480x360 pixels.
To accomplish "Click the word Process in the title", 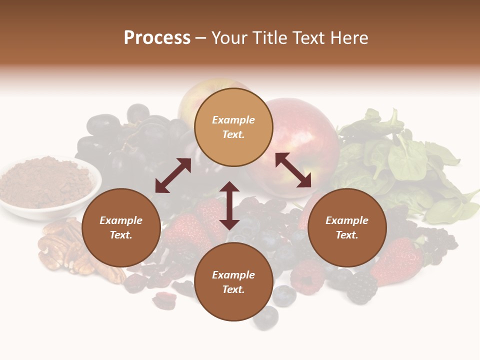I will [157, 38].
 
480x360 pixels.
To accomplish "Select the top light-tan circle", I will [233, 127].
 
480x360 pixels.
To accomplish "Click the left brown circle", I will [121, 227].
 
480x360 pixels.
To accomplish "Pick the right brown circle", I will [347, 227].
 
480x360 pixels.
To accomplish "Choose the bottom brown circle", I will [233, 282].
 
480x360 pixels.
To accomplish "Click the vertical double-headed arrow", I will [229, 205].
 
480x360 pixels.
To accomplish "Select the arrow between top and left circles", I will [173, 175].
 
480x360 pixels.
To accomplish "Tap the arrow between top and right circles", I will [293, 170].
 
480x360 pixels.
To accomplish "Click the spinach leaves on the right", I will [405, 160].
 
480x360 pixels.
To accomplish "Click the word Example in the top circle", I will [233, 120].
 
